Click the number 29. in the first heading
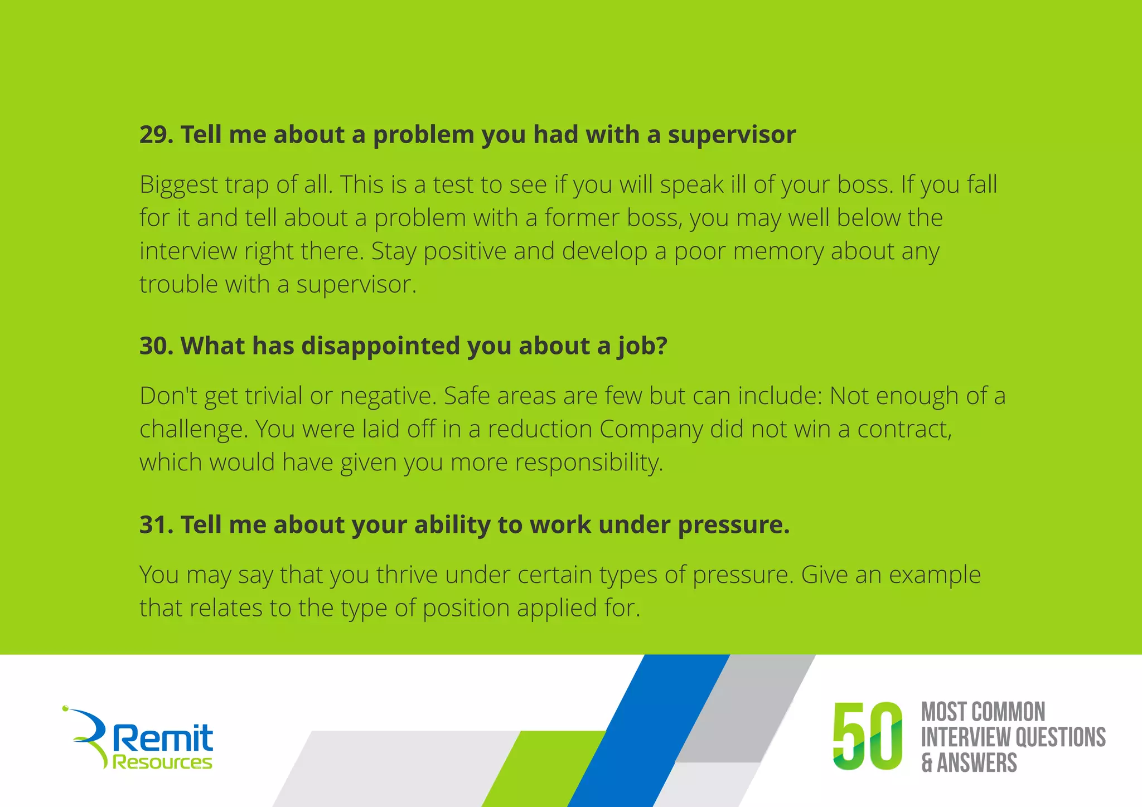pyautogui.click(x=157, y=135)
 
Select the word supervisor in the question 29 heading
pyautogui.click(x=732, y=135)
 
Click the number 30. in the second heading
pyautogui.click(x=157, y=346)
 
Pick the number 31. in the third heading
pyautogui.click(x=156, y=525)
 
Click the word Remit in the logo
pyautogui.click(x=163, y=738)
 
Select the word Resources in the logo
pyautogui.click(x=162, y=762)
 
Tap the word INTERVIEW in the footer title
pyautogui.click(x=965, y=737)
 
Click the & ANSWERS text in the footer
pyautogui.click(x=969, y=763)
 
